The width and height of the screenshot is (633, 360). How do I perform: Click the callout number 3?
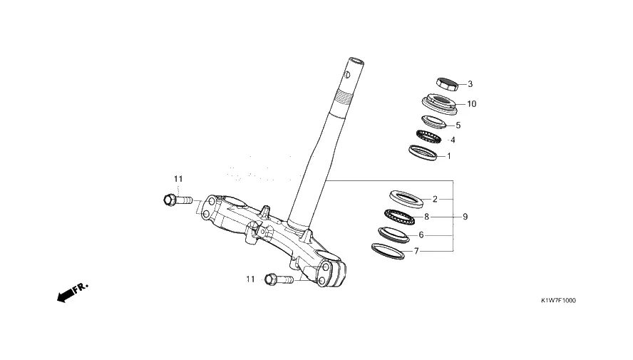pyautogui.click(x=470, y=84)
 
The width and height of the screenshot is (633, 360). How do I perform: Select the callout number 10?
pyautogui.click(x=471, y=104)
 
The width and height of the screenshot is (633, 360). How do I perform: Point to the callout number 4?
pyautogui.click(x=452, y=140)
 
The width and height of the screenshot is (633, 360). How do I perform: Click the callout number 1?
pyautogui.click(x=448, y=155)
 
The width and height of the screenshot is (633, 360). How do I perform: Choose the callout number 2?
pyautogui.click(x=435, y=199)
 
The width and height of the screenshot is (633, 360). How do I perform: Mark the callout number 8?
pyautogui.click(x=426, y=216)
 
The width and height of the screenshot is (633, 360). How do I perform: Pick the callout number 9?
pyautogui.click(x=465, y=216)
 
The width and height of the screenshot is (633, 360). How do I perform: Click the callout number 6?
pyautogui.click(x=421, y=235)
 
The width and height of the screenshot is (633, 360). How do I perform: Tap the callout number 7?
pyautogui.click(x=416, y=251)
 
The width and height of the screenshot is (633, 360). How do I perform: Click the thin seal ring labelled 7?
pyautogui.click(x=388, y=250)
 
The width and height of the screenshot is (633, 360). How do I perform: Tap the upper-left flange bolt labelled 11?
pyautogui.click(x=179, y=200)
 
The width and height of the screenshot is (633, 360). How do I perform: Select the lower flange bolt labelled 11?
pyautogui.click(x=279, y=279)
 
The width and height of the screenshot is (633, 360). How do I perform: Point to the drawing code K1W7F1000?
pyautogui.click(x=558, y=300)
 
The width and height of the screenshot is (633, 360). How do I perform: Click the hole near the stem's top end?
pyautogui.click(x=347, y=73)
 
